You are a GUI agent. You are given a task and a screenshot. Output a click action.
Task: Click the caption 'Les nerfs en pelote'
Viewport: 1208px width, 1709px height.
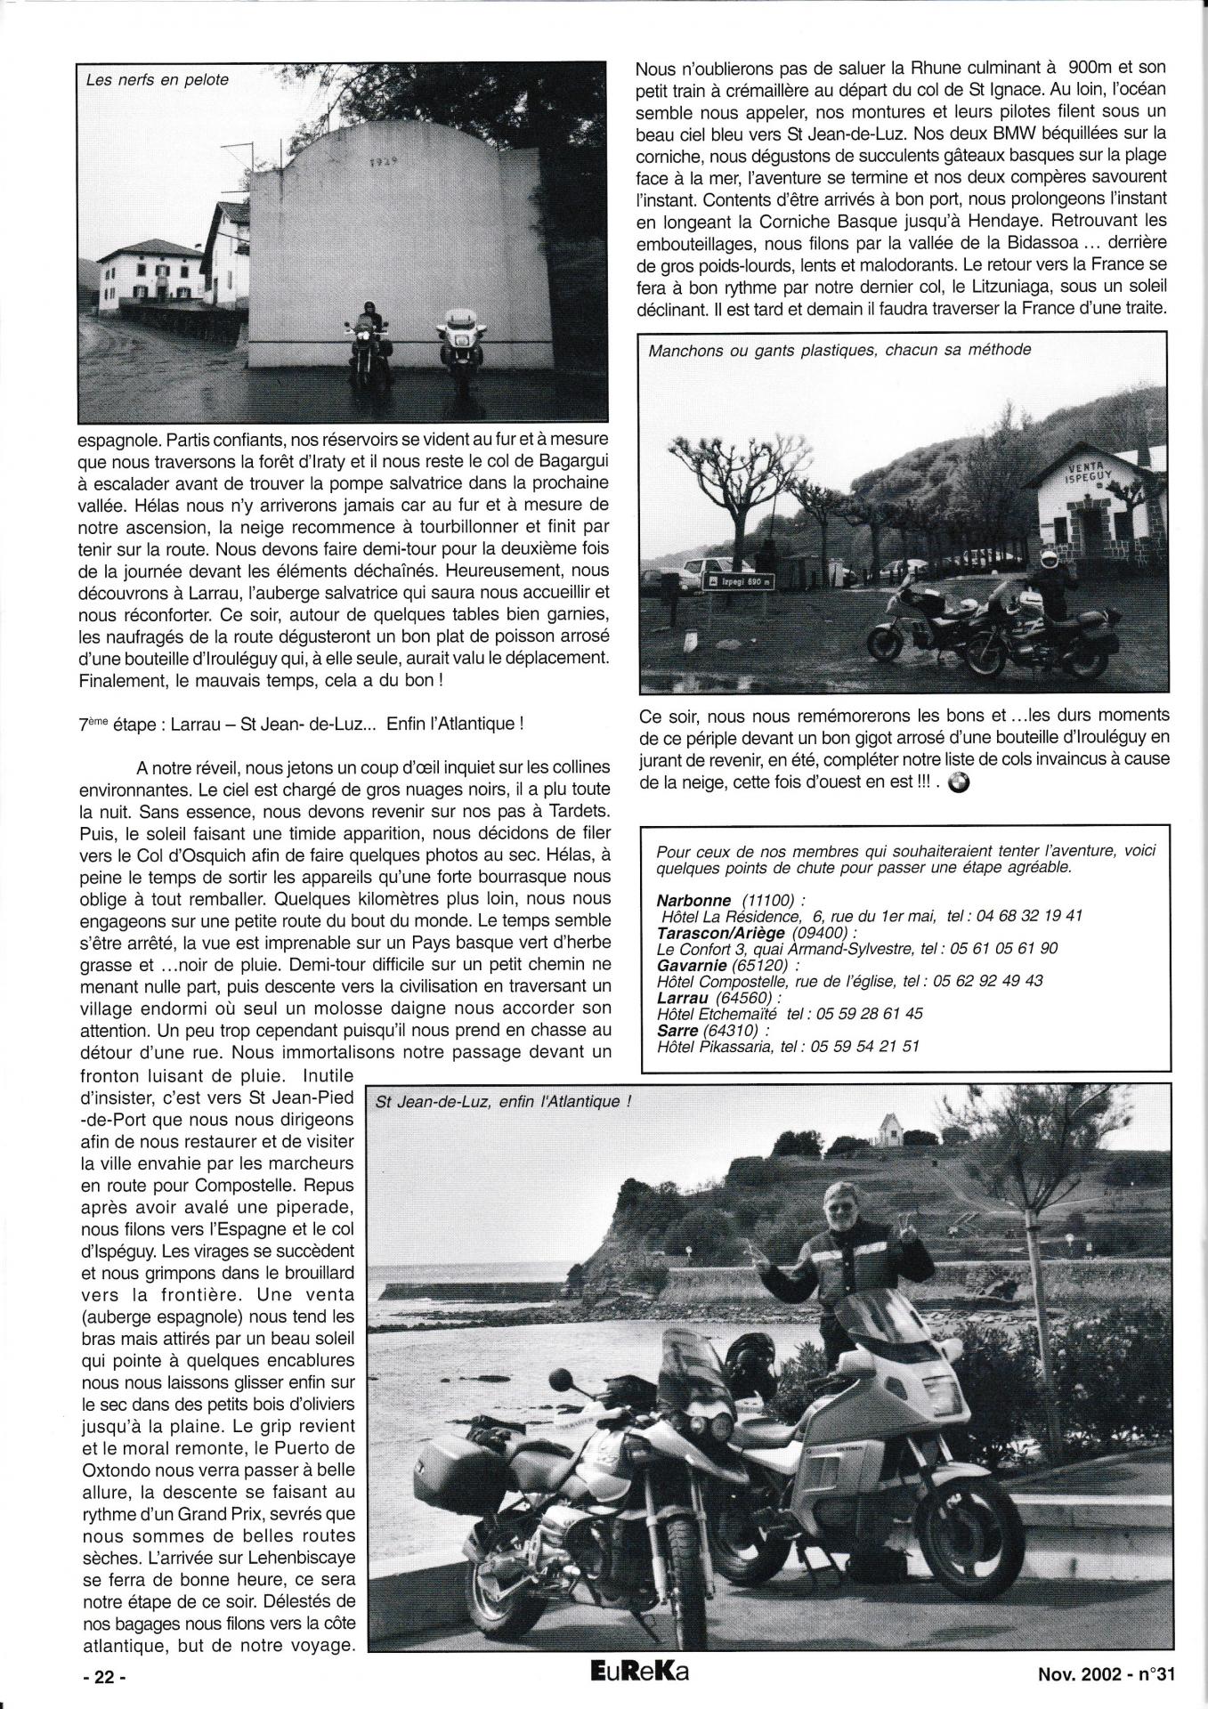(158, 80)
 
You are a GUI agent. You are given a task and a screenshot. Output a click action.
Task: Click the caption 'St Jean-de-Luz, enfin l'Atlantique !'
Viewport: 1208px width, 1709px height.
(504, 1102)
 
